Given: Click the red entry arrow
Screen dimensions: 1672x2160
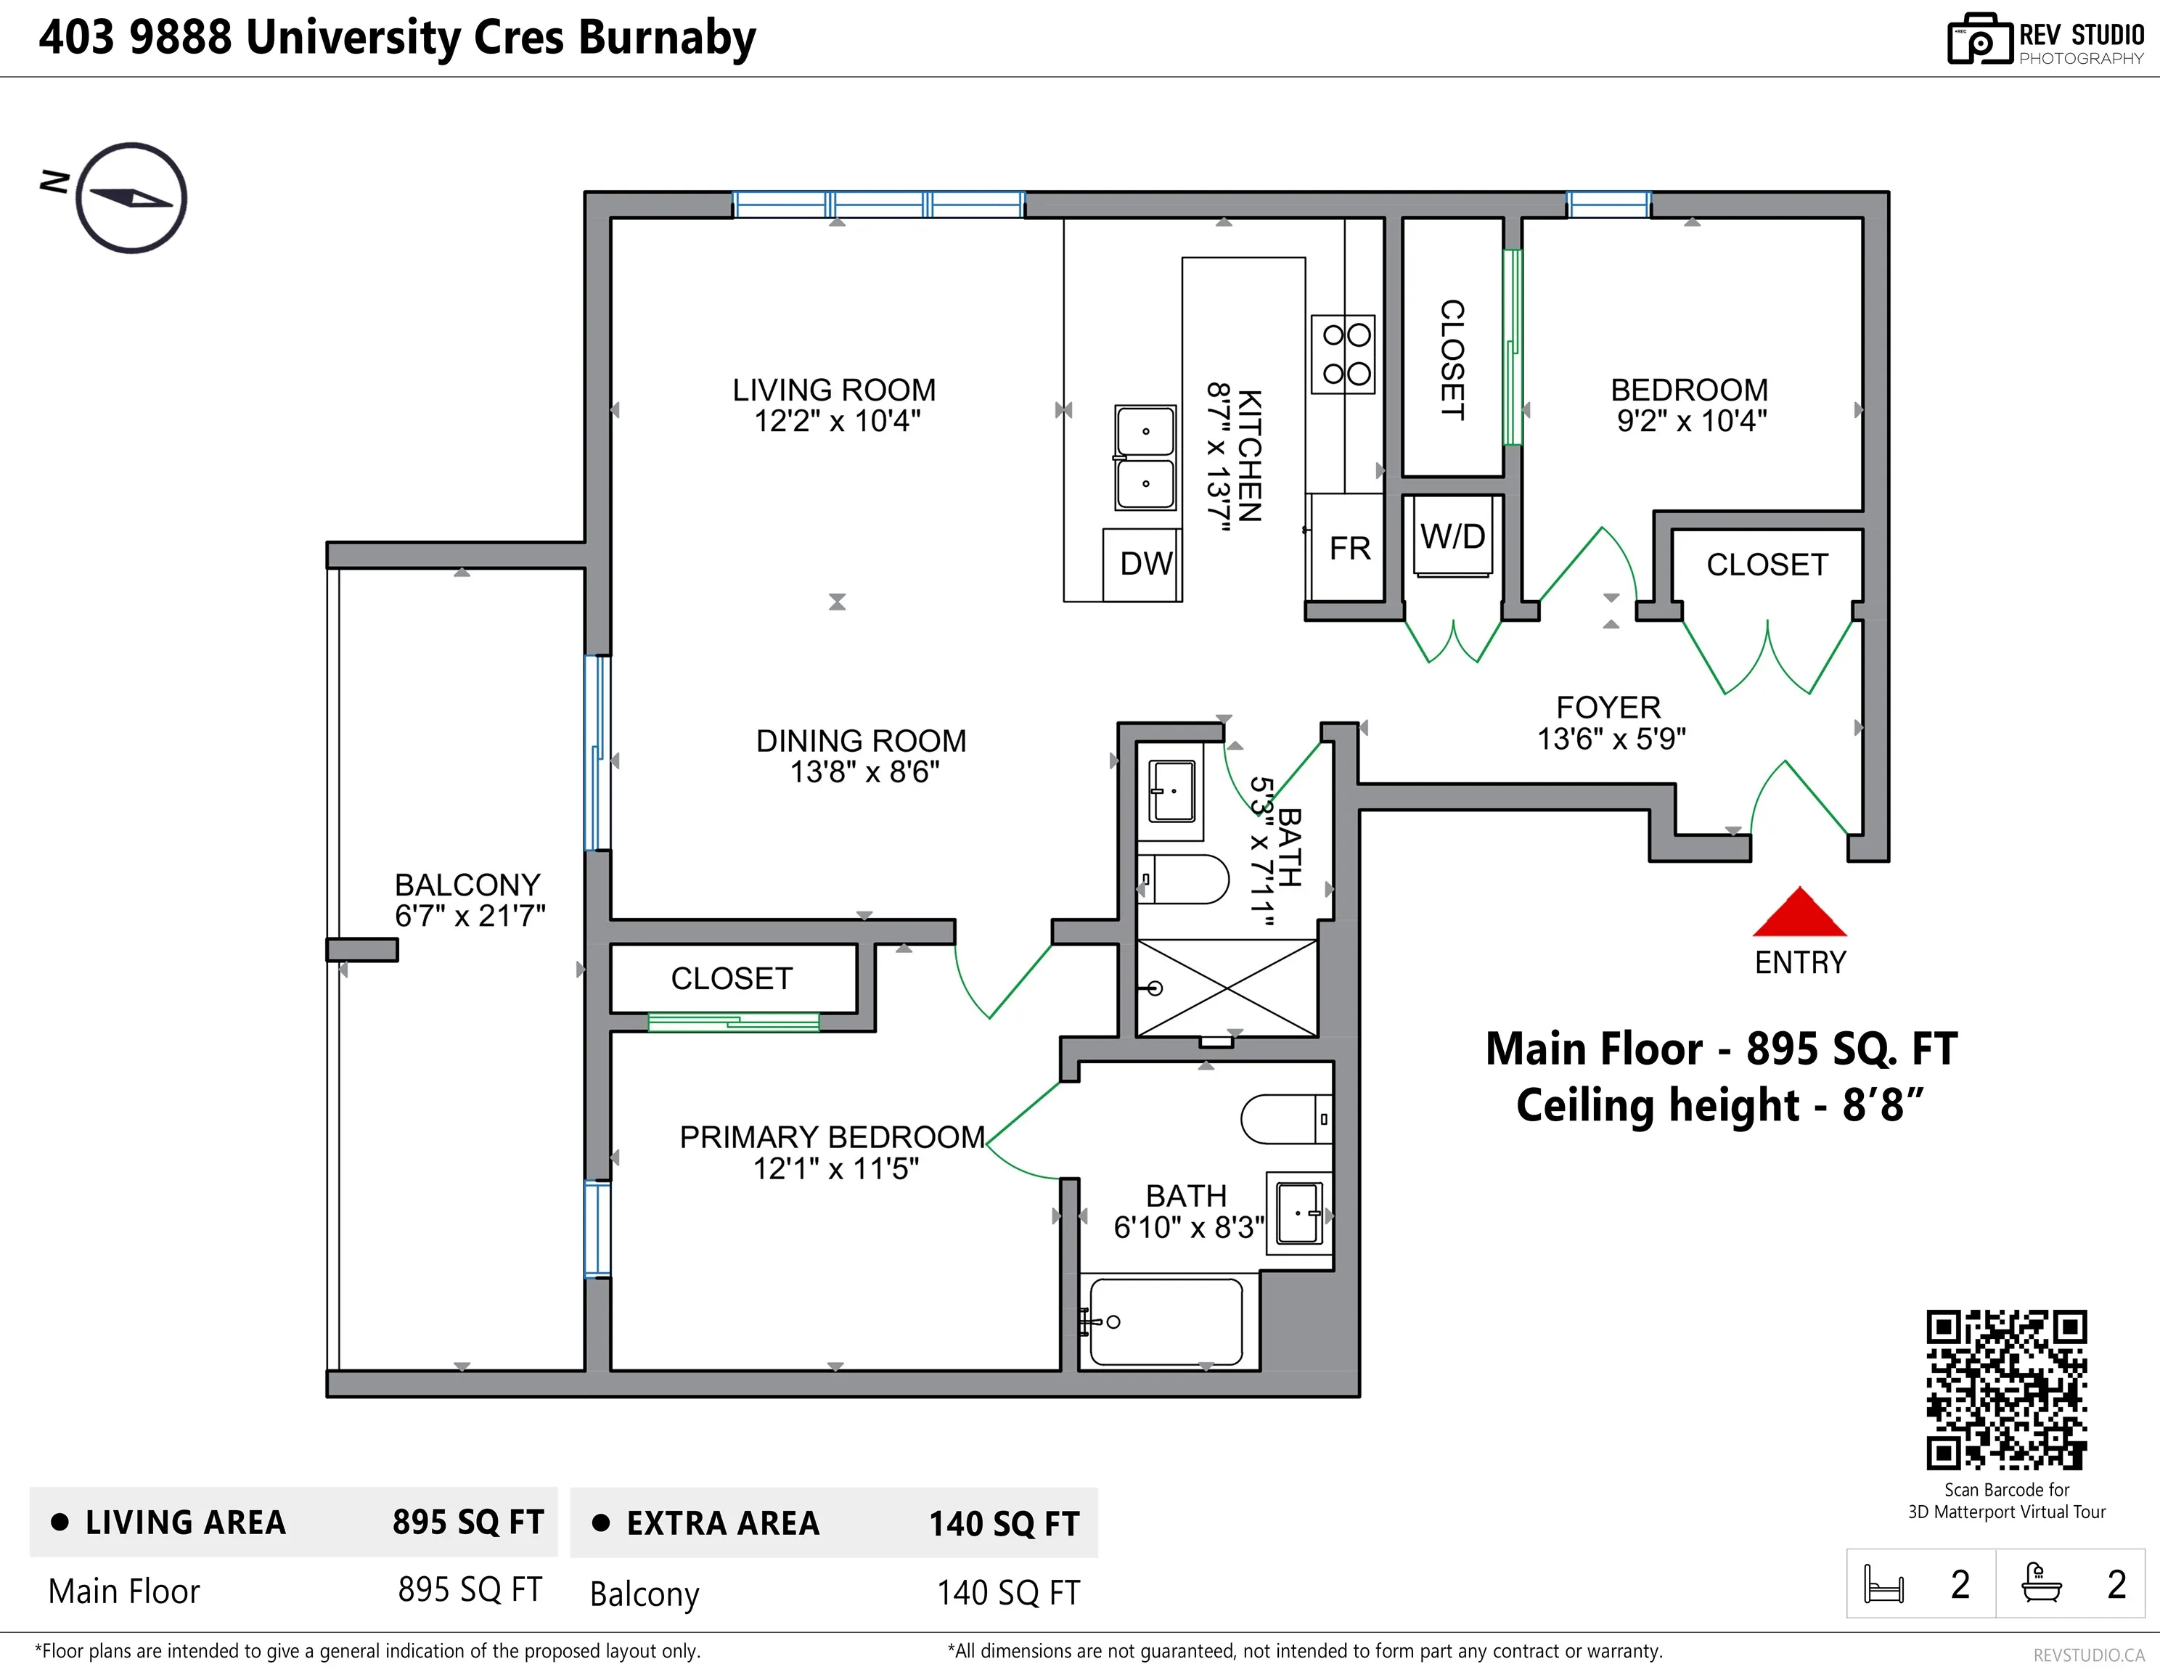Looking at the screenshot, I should tap(1799, 914).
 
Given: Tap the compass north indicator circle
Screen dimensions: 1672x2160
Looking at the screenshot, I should tap(131, 198).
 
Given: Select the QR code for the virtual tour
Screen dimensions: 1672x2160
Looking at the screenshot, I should tap(2005, 1389).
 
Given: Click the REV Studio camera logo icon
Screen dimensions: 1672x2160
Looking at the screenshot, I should tap(1979, 40).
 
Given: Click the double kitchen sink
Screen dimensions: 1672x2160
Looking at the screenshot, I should tap(1145, 456).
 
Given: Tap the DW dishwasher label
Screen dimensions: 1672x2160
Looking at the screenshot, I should tap(1145, 564).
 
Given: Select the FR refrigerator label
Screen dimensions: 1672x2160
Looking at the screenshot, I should tap(1349, 549).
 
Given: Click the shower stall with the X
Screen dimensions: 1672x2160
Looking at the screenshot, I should tap(1227, 988).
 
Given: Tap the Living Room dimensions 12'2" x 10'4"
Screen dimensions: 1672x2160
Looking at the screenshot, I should tap(837, 421).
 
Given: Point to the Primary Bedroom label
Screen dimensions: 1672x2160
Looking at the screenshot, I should tap(832, 1137).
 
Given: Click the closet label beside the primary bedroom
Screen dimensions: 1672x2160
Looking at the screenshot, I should tap(731, 978).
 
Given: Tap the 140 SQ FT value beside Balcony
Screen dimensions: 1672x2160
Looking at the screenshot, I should tap(1008, 1593).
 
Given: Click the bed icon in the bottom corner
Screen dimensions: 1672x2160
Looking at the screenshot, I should tap(1883, 1584).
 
